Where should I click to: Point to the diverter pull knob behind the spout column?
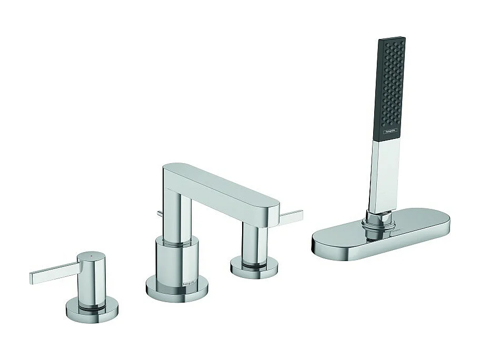pyautogui.click(x=158, y=213)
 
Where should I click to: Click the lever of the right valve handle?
pyautogui.click(x=290, y=217)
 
